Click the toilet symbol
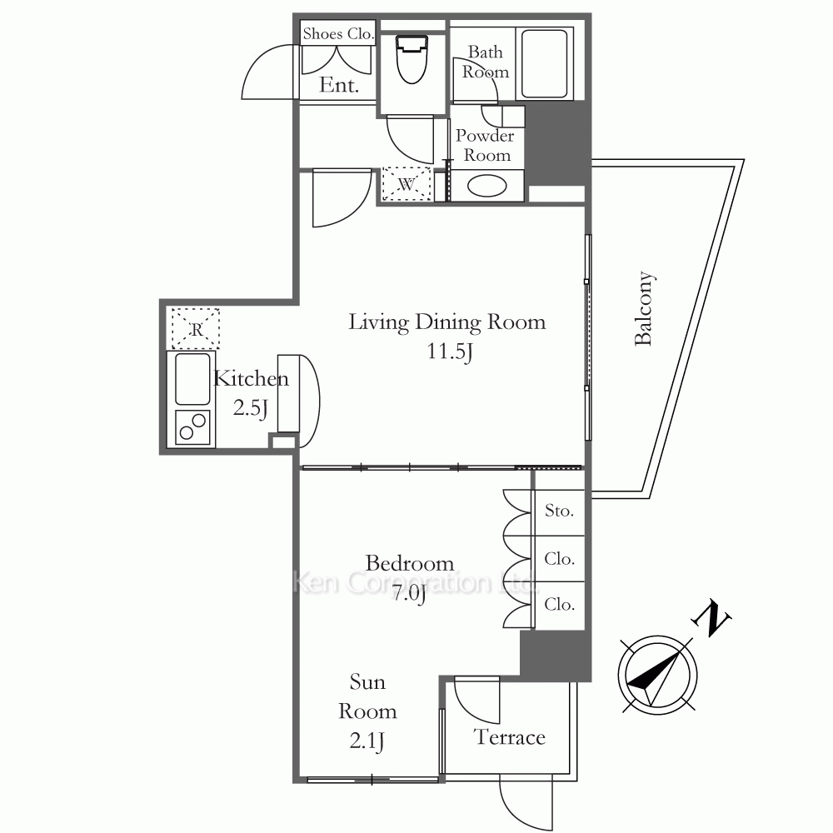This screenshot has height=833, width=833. point(412,58)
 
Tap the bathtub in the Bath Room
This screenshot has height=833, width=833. point(545,64)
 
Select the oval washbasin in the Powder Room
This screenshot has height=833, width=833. point(486,186)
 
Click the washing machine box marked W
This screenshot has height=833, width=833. point(407,184)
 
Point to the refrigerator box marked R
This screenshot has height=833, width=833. point(196,328)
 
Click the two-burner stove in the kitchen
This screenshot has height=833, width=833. point(192,427)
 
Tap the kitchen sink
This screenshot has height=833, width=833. point(192,379)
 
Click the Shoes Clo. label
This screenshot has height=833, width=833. point(338,33)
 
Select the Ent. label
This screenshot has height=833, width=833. point(339,85)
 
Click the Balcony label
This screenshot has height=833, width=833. point(645,309)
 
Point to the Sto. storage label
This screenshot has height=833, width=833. point(559,511)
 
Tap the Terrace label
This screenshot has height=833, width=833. point(510,737)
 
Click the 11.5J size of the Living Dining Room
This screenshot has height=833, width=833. point(450,352)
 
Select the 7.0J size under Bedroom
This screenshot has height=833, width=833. point(409,593)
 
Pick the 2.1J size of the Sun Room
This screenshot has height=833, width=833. point(367,741)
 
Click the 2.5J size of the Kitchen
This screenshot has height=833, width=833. point(250,408)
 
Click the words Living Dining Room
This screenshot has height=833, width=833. point(446,322)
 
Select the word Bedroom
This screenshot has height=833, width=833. point(410,563)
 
